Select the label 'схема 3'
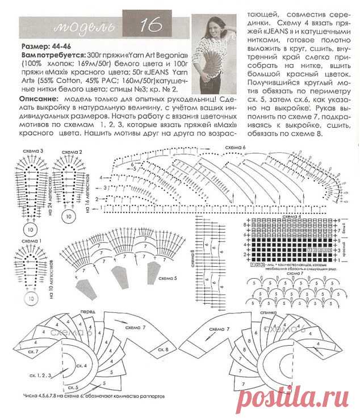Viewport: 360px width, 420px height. [x=32, y=150]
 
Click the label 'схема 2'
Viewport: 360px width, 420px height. [x=73, y=152]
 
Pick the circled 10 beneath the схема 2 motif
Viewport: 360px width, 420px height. [x=68, y=216]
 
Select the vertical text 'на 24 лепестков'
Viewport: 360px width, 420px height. [x=51, y=205]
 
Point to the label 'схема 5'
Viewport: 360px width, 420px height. [x=169, y=278]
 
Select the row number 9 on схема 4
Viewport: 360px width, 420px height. [x=340, y=219]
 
